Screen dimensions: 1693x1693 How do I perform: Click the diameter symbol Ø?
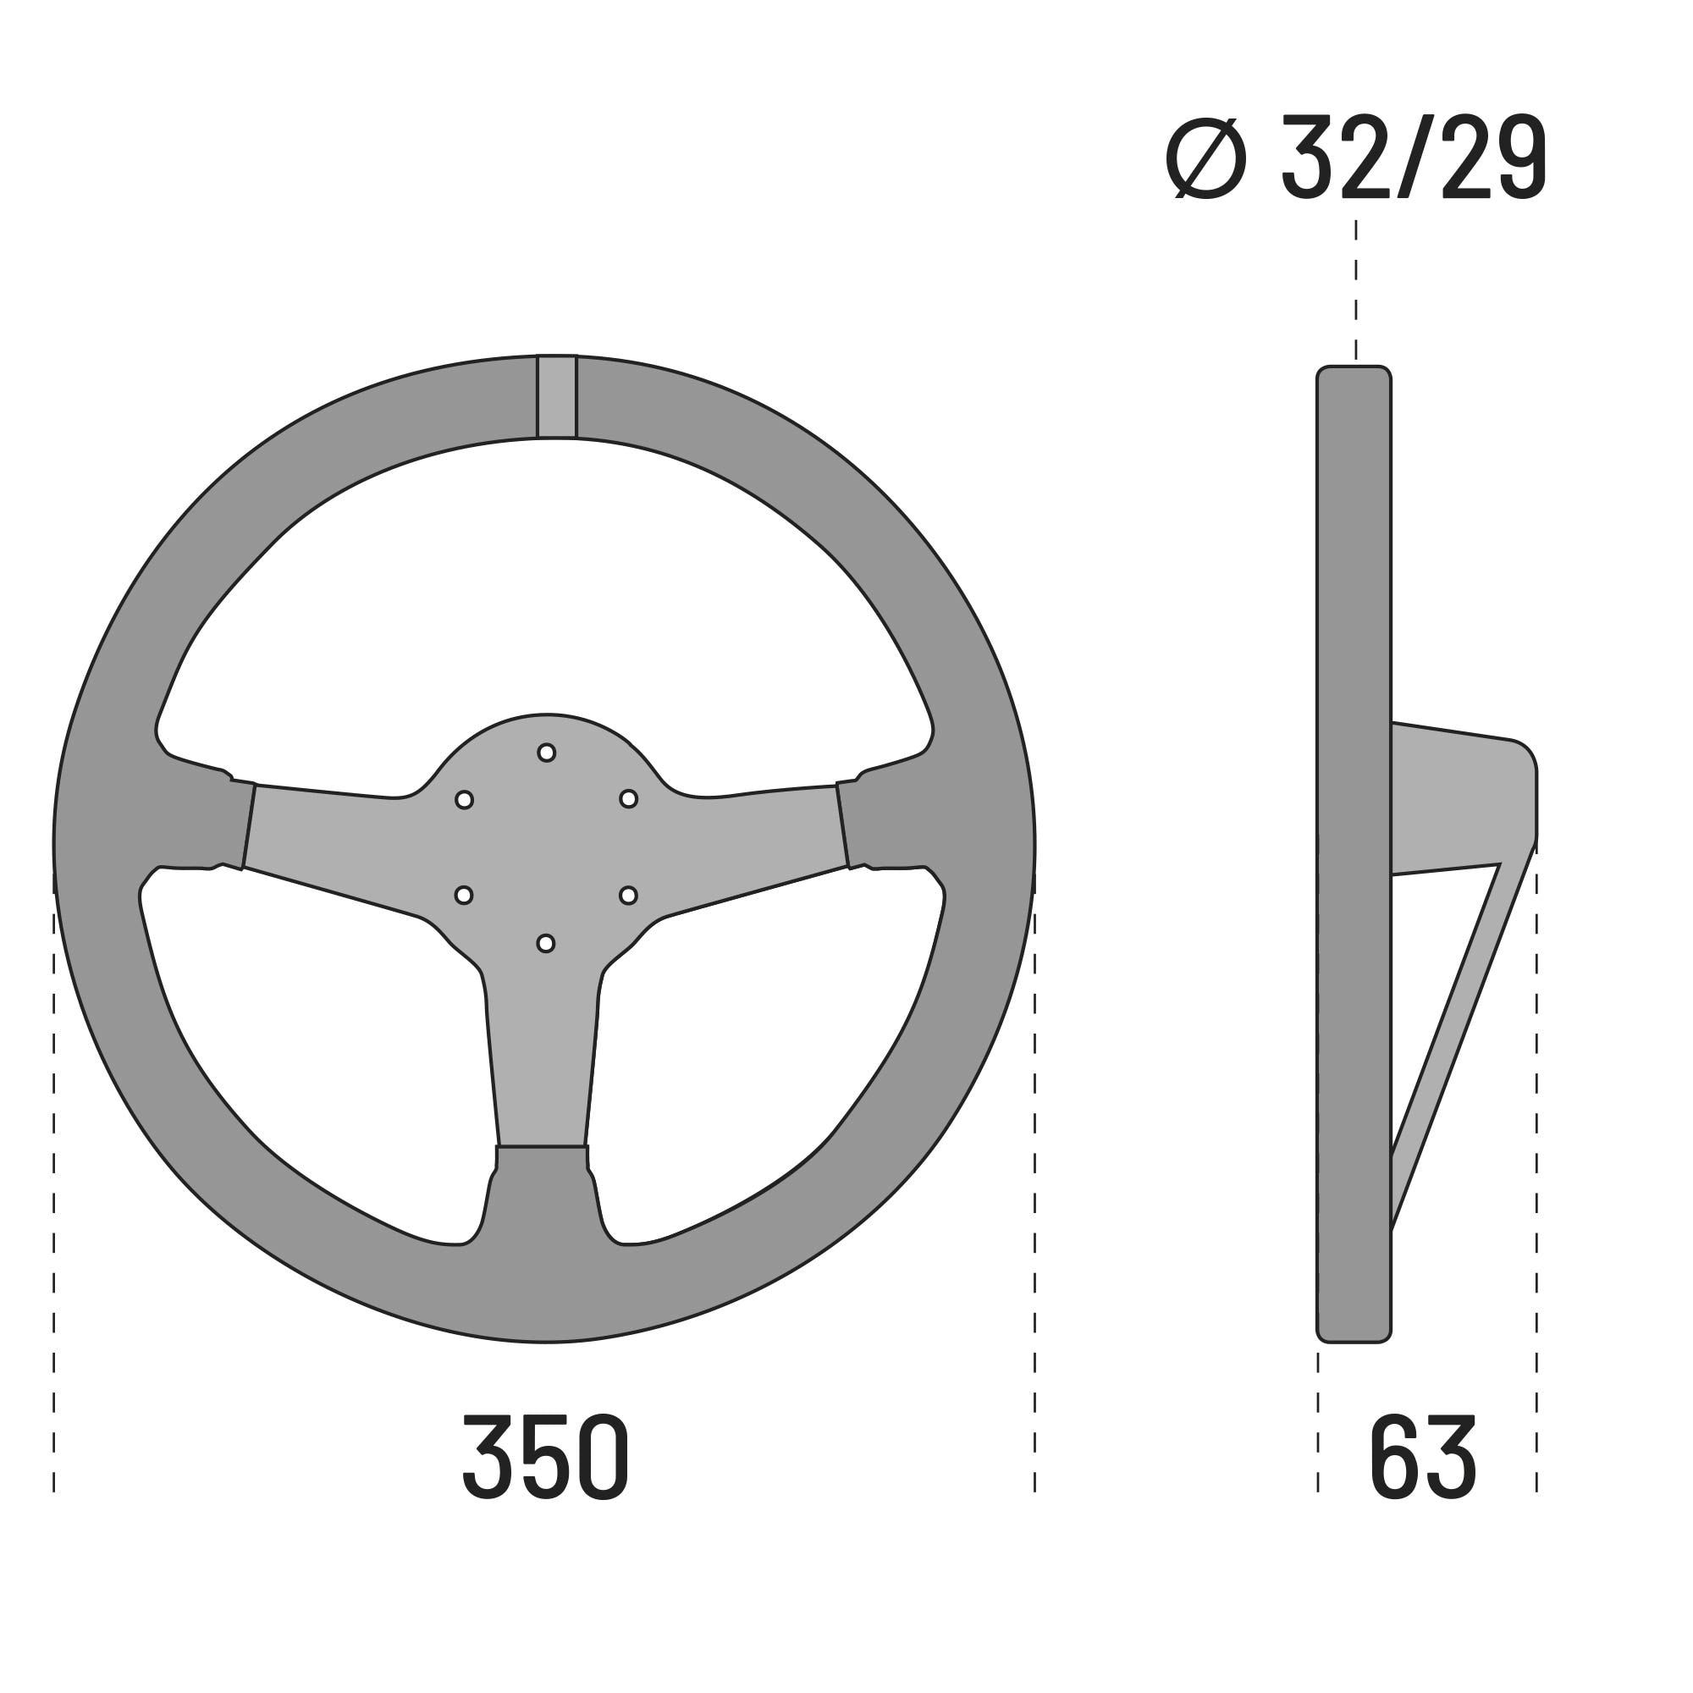tap(1205, 158)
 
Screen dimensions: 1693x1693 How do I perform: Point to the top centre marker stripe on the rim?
tap(556, 396)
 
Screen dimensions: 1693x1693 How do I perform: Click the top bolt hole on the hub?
tap(546, 753)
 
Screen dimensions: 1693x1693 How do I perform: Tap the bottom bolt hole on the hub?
tap(545, 944)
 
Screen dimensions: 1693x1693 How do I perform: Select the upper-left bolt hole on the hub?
tap(465, 800)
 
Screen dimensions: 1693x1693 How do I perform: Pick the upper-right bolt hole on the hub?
tap(628, 799)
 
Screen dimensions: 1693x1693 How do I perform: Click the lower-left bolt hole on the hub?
tap(464, 896)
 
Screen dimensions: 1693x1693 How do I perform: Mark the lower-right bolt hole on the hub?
tap(628, 896)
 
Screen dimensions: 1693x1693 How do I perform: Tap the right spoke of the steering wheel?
tap(753, 832)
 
